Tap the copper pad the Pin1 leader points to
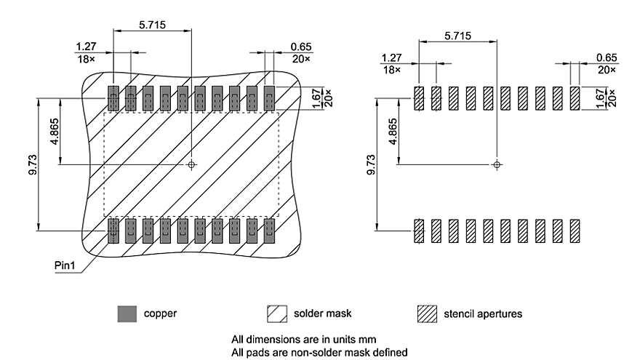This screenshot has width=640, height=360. pos(113,231)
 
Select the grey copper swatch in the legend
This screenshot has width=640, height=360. pos(127,314)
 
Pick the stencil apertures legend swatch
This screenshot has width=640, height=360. pos(426,314)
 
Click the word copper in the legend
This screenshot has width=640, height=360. pos(160,314)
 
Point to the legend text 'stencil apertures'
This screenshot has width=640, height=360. pos(482,314)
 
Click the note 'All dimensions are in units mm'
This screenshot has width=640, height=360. pos(304,339)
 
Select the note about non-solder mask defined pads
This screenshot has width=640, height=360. pos(319,352)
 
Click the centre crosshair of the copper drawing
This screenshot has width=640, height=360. pos(191,165)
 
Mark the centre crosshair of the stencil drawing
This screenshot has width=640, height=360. pos(497,165)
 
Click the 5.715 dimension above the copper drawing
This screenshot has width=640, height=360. pos(152,24)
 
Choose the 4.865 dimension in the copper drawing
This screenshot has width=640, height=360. pos(56,132)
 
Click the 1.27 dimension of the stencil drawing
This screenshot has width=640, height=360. pos(391,57)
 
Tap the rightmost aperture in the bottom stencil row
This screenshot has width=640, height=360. pos(575,231)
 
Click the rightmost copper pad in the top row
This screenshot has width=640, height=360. pos(270,97)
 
